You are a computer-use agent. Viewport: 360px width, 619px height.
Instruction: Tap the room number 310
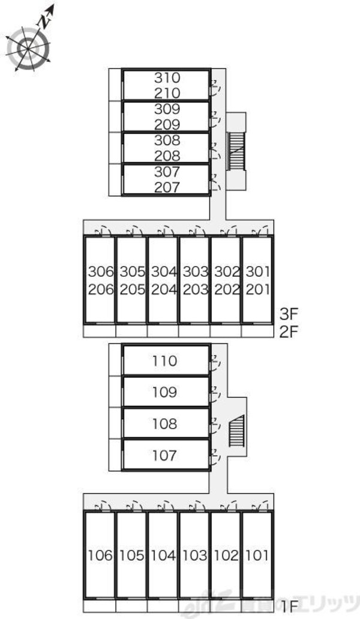(167, 77)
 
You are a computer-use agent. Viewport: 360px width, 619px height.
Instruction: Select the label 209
(167, 125)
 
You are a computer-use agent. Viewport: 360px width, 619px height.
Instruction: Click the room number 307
(167, 172)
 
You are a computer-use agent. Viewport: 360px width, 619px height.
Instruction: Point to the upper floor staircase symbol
(237, 150)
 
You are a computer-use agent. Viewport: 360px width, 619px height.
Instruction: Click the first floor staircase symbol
(237, 430)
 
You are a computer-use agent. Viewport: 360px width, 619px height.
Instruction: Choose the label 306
(100, 271)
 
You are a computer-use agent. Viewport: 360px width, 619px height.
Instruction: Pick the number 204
(163, 289)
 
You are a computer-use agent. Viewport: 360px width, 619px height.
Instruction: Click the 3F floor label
(289, 313)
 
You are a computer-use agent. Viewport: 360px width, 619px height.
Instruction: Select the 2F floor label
(289, 331)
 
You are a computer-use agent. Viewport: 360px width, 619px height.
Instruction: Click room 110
(165, 361)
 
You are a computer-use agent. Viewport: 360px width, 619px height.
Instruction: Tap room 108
(165, 424)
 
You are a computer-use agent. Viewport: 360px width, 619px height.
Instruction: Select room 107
(165, 455)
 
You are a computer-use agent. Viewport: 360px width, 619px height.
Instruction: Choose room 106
(100, 555)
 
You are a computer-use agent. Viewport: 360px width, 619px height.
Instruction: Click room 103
(194, 555)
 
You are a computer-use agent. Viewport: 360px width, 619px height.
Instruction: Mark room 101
(257, 555)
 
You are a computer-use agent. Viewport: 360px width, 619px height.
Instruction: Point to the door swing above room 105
(133, 504)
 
